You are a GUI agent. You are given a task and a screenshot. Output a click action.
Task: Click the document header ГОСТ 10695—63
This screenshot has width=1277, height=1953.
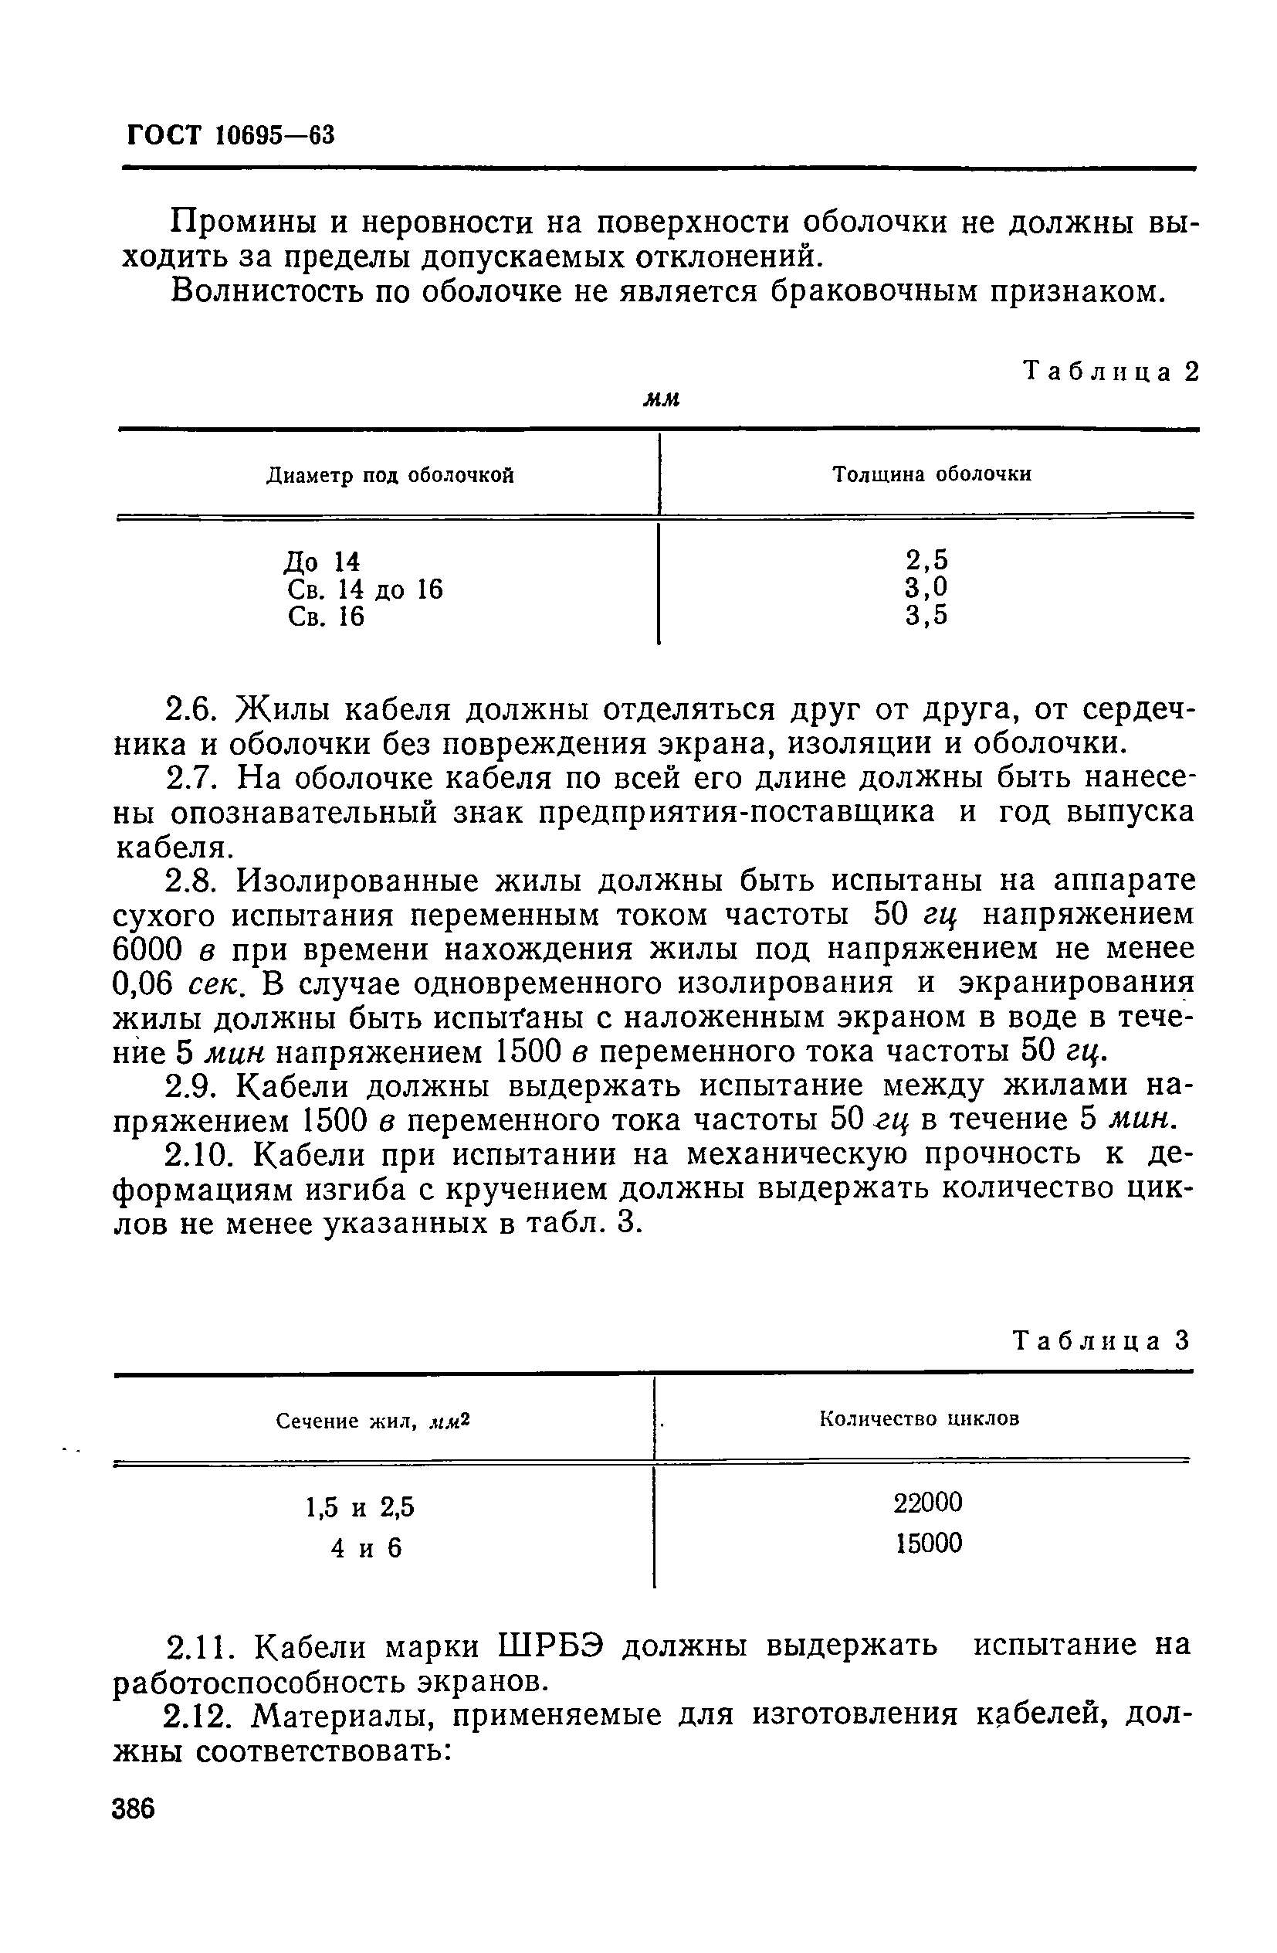tap(232, 134)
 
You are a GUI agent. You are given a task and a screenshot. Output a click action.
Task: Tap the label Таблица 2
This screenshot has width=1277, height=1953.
tap(1111, 372)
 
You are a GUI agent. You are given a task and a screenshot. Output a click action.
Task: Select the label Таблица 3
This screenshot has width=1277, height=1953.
tap(1101, 1341)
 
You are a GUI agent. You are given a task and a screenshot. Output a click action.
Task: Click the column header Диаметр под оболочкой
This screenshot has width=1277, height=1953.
tap(390, 475)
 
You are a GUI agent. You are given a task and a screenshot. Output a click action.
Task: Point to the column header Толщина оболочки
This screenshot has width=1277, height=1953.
tap(932, 474)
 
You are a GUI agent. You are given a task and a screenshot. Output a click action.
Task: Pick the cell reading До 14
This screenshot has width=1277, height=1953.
tap(322, 562)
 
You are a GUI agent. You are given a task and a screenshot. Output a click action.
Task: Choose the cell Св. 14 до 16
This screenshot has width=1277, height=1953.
tap(365, 589)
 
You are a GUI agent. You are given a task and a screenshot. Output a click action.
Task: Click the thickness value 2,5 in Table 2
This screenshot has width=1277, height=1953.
tap(926, 559)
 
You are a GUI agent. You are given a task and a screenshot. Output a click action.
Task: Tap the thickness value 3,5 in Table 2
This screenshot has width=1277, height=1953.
tap(926, 615)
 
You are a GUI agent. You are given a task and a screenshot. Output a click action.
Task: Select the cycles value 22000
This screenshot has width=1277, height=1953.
tap(927, 1503)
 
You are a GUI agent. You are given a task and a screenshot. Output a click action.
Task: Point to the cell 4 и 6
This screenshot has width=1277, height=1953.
tap(366, 1547)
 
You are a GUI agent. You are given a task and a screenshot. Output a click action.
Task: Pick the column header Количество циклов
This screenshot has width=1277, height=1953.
tap(920, 1419)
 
